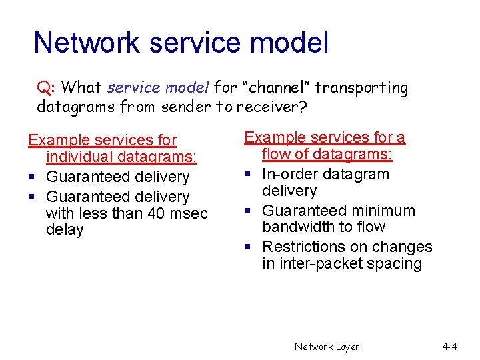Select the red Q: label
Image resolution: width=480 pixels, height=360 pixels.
(x=47, y=87)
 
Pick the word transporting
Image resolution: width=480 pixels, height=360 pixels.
(x=361, y=87)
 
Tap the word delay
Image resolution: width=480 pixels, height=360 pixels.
(x=65, y=230)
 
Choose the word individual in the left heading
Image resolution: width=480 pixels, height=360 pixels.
(x=80, y=157)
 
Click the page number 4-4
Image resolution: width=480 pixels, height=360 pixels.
(x=449, y=347)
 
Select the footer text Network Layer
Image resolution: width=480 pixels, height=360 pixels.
(x=327, y=347)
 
